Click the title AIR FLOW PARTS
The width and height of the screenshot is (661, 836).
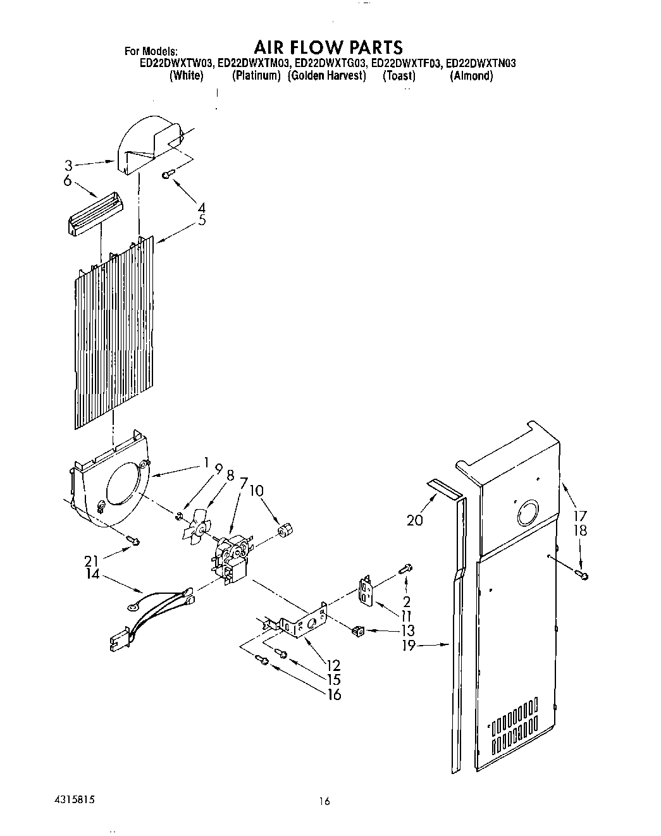[328, 47]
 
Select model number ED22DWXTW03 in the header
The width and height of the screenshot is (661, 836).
[176, 63]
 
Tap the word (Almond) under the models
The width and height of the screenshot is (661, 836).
[471, 76]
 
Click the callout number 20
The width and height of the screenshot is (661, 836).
[416, 520]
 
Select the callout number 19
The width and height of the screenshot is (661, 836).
[408, 646]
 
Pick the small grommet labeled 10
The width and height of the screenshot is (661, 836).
[286, 528]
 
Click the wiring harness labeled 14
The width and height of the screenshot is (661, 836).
[155, 613]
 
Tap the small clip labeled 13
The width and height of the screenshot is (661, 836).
[358, 629]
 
